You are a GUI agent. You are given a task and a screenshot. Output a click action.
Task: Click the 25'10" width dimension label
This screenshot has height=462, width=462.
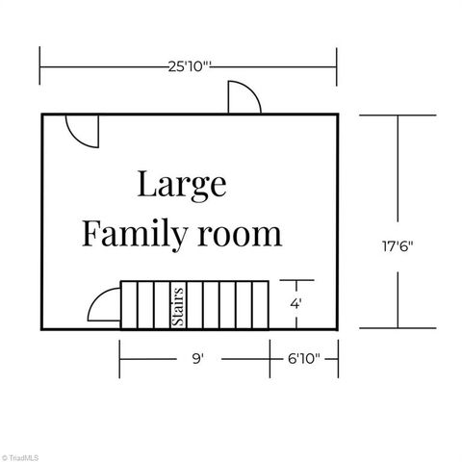pyautogui.click(x=190, y=67)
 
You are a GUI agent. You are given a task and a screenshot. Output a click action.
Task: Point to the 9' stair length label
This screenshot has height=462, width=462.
pyautogui.click(x=197, y=358)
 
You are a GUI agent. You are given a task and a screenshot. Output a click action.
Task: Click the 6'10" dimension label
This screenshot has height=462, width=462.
pyautogui.click(x=303, y=358)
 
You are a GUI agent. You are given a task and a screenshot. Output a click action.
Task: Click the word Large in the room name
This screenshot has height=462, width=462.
pyautogui.click(x=181, y=183)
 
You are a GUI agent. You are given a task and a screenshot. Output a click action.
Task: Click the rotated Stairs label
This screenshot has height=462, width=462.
pyautogui.click(x=177, y=306)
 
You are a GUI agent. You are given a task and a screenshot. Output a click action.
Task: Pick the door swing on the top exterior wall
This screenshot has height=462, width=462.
pyautogui.click(x=242, y=97)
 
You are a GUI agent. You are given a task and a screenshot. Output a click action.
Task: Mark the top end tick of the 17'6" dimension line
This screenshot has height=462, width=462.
pyautogui.click(x=398, y=115)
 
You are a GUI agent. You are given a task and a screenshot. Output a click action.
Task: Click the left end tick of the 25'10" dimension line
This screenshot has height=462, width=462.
pyautogui.click(x=40, y=66)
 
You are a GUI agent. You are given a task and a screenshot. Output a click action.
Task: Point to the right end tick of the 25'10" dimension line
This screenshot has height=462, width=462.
pyautogui.click(x=336, y=66)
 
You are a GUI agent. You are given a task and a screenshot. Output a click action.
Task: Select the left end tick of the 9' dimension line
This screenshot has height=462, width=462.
pyautogui.click(x=119, y=358)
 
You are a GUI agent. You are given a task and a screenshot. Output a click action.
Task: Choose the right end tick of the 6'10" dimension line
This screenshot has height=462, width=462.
pyautogui.click(x=336, y=358)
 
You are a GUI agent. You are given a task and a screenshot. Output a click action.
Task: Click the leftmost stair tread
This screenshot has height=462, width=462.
pyautogui.click(x=127, y=306)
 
